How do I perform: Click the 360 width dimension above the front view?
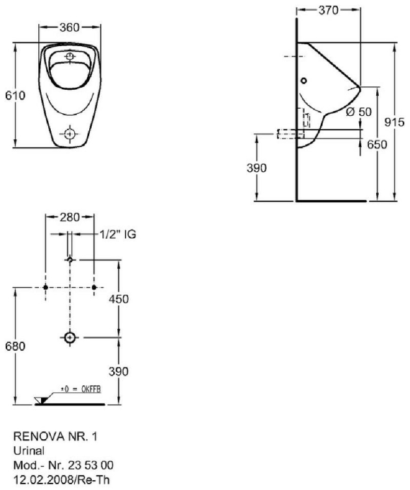coord(70,27)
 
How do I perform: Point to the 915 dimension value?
coord(394,122)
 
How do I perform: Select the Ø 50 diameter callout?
coord(359,111)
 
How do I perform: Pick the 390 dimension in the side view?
coord(257,168)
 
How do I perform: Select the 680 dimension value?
coord(14,347)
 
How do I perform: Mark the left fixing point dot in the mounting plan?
coord(45,287)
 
